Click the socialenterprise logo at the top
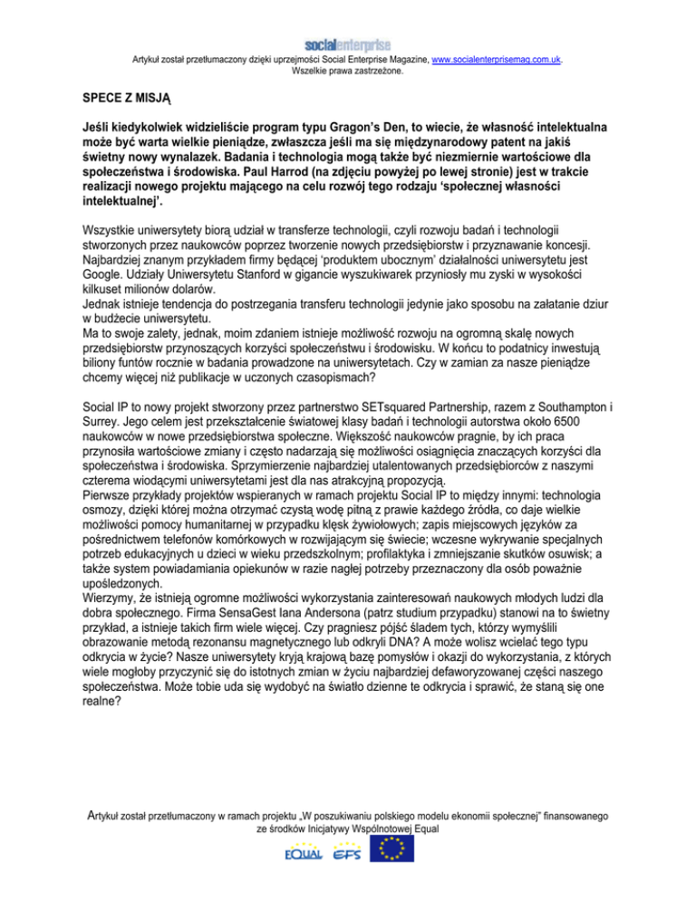(348, 44)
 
